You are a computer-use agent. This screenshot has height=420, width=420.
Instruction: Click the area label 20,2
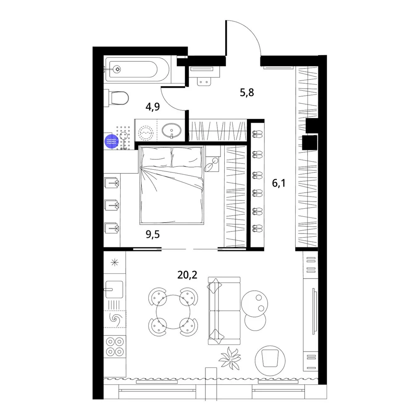pos(187,275)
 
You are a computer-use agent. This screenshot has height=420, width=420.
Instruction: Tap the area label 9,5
pos(153,234)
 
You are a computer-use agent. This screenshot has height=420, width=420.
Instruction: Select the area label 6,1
pos(278,183)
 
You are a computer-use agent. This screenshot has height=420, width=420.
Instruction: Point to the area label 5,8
pos(247,93)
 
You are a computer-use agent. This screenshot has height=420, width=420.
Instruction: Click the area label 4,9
pos(153,107)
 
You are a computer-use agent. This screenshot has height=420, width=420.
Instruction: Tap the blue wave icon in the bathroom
pos(111,141)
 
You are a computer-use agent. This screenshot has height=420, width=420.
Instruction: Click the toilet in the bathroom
pos(117,98)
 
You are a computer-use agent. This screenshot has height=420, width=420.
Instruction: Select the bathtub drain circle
pos(117,69)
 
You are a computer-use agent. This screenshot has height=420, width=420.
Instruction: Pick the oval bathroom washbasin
pos(171,131)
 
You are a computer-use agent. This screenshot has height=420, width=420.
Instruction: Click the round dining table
pos(173,312)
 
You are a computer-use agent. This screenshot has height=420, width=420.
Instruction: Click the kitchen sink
pos(114,289)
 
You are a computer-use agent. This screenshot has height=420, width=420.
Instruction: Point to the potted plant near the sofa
pos(230,358)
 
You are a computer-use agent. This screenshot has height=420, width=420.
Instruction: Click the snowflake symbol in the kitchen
pos(115,262)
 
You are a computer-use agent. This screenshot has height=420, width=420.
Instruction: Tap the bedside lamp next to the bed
pos(212,164)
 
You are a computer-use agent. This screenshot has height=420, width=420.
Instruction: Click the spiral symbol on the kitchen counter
pos(116,319)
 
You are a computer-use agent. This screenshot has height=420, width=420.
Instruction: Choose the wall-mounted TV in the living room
pos(314,311)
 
